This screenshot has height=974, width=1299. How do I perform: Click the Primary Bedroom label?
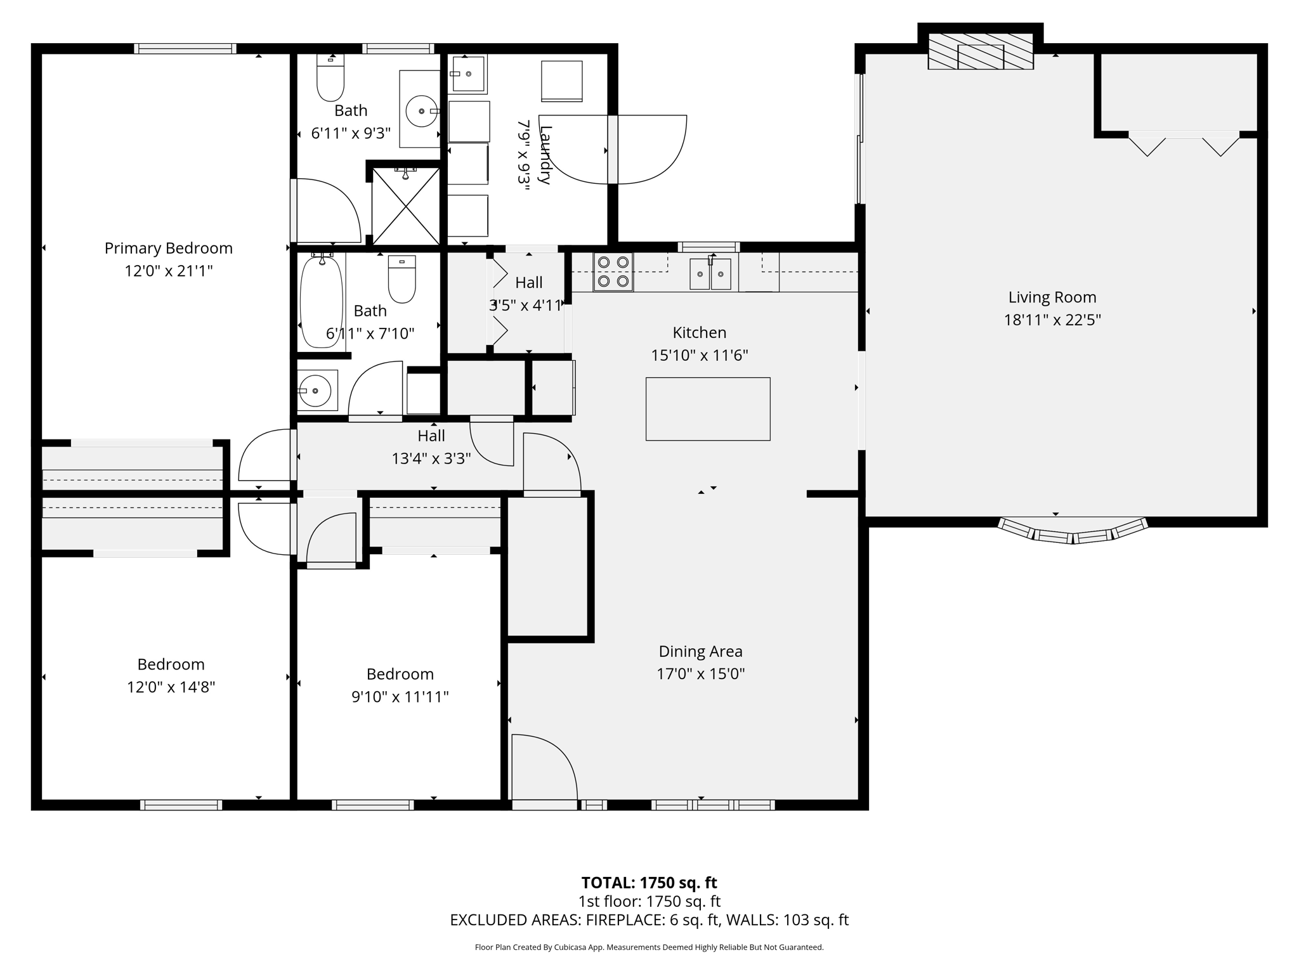(x=168, y=248)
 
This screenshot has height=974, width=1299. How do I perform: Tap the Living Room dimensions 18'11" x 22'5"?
(x=1052, y=320)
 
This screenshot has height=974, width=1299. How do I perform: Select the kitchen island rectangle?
(x=708, y=409)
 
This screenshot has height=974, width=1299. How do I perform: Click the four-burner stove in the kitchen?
(x=613, y=271)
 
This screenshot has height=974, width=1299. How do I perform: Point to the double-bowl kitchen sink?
(x=710, y=274)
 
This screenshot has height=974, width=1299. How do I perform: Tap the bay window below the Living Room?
(x=1073, y=531)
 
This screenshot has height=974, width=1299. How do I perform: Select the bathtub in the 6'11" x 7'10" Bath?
(x=322, y=301)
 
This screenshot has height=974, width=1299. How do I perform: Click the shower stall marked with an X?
(x=405, y=206)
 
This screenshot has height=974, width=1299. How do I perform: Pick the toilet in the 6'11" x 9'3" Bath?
(x=330, y=80)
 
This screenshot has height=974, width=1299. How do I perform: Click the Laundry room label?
(x=544, y=155)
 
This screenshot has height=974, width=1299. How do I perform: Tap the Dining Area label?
(x=700, y=651)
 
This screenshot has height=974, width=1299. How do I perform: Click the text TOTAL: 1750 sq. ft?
(x=649, y=883)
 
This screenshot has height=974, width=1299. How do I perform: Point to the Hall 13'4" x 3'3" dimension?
(x=431, y=458)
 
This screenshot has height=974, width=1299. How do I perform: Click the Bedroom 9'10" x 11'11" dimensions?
(x=400, y=697)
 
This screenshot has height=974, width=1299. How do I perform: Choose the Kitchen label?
(x=699, y=332)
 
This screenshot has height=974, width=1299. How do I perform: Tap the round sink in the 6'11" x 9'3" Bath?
(x=421, y=112)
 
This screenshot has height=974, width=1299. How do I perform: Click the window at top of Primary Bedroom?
(x=185, y=49)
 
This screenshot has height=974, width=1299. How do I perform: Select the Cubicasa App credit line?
(x=649, y=947)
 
